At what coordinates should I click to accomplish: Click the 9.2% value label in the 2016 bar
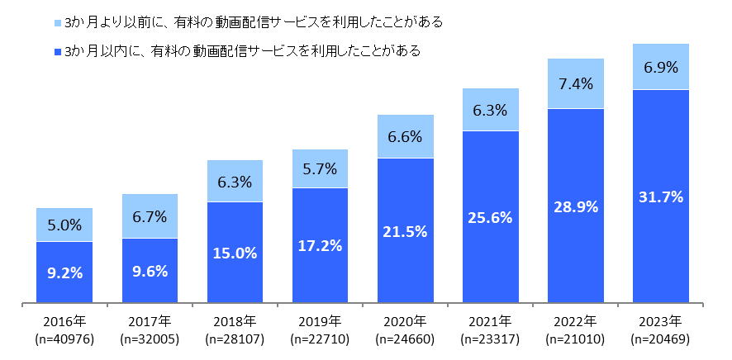tap(64, 272)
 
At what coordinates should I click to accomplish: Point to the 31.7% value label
tap(660, 197)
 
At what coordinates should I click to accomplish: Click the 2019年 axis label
tap(320, 321)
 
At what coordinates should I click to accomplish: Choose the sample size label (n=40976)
tap(64, 339)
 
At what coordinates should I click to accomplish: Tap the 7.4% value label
tap(575, 83)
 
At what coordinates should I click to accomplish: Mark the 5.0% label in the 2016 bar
tap(64, 225)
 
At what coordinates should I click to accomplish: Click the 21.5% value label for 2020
tap(405, 231)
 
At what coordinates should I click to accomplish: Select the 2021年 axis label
tap(490, 321)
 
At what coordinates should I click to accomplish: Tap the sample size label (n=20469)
tap(660, 339)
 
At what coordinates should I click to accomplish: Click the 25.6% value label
tap(490, 217)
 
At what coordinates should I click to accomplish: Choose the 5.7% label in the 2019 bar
tap(320, 169)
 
